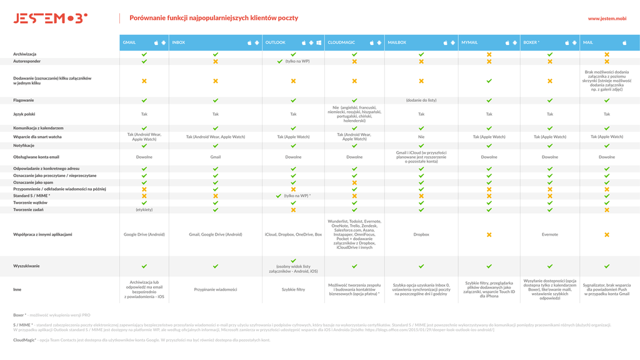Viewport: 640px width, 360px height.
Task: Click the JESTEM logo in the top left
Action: coord(51,19)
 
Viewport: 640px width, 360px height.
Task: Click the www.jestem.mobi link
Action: coord(607,19)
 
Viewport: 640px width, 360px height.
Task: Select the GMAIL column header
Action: coord(129,42)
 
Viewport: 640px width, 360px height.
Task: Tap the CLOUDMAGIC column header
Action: coord(341,42)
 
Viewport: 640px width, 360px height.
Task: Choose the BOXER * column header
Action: coord(531,42)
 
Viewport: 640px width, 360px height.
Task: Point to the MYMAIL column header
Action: coord(469,42)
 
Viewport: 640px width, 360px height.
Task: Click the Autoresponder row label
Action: coord(27,61)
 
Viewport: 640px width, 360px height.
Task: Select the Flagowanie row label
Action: coord(24,100)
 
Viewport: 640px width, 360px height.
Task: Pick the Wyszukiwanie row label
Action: coord(27,266)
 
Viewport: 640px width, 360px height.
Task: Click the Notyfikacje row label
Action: coord(24,145)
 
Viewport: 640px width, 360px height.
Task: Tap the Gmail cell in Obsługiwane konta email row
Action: coord(216,157)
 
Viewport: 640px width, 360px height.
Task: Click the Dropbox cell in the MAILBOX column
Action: coord(421,234)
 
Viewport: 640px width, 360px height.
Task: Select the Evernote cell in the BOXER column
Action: coord(550,234)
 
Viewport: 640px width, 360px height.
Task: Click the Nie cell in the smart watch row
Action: coord(421,136)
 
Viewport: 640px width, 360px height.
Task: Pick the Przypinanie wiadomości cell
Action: coord(216,289)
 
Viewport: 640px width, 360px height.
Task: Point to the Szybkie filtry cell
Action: coord(293,289)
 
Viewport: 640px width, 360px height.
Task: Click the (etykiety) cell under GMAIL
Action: coord(144,210)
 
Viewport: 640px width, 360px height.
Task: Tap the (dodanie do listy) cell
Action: coord(421,100)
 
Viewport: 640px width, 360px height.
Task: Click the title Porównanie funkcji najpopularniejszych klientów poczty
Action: coord(214,19)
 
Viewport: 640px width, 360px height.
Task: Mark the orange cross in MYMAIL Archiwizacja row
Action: coord(489,54)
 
